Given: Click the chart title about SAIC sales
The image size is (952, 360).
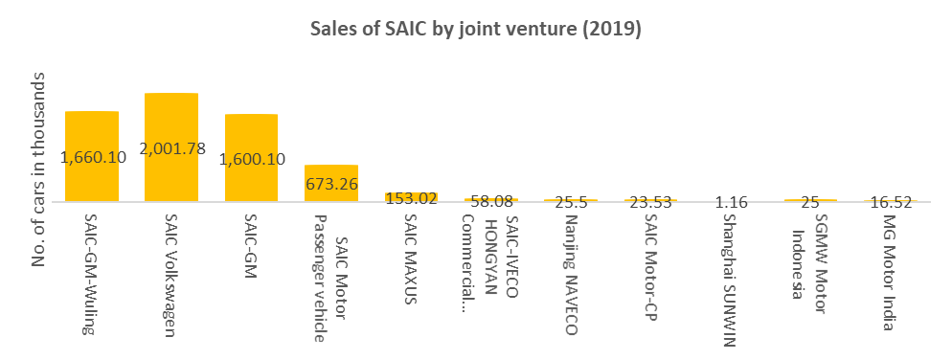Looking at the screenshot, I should [x=475, y=29].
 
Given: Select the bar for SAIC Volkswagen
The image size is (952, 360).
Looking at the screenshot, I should [x=171, y=120].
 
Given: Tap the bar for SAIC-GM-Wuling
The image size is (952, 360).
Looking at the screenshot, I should [x=92, y=129].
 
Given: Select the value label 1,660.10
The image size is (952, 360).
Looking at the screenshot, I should [x=93, y=157].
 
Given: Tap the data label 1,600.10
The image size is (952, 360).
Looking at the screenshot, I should [x=253, y=159].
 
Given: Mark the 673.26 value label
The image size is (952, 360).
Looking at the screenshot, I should [x=331, y=182].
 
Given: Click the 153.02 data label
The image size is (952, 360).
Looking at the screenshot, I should [x=411, y=199].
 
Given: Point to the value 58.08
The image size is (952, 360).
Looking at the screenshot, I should [x=491, y=202].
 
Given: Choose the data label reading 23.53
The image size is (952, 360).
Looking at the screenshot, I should [x=651, y=202].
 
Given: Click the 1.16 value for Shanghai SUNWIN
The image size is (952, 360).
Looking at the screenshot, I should [x=731, y=202].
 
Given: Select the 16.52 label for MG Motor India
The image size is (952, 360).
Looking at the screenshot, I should [x=891, y=202].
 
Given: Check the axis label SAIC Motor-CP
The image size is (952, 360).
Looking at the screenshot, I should [x=651, y=264].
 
